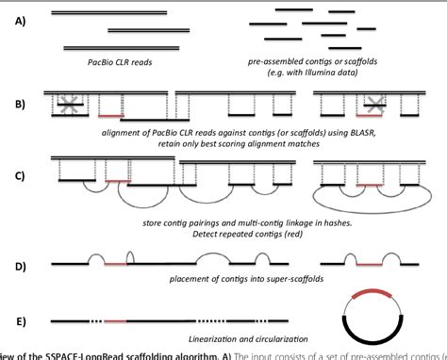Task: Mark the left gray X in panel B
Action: [x=41, y=102]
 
